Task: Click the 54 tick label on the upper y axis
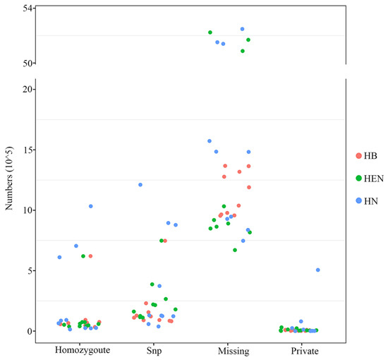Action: coord(26,8)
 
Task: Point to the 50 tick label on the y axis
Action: coord(26,63)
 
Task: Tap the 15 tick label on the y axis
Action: coord(26,150)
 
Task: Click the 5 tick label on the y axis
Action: coord(28,270)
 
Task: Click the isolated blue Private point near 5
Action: coord(318,270)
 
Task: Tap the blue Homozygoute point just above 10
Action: coord(91,206)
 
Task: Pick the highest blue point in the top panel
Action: coord(242,29)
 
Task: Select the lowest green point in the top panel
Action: coord(243,51)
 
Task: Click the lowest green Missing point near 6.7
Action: coord(235,250)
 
